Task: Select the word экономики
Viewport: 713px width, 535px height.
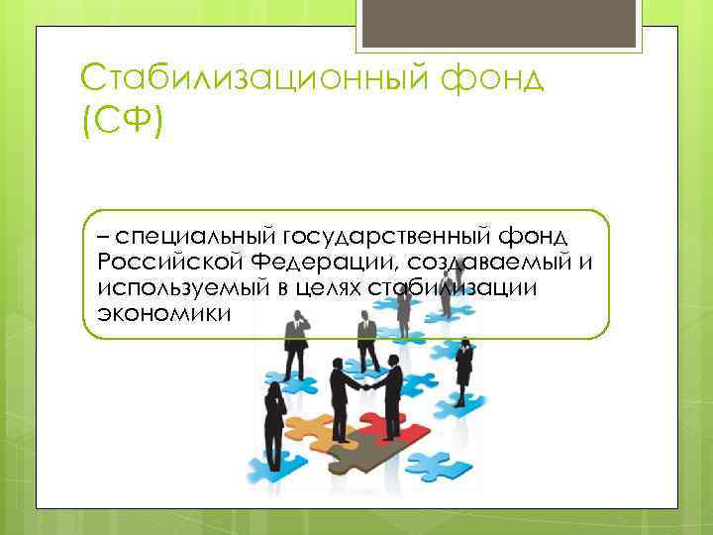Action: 163,313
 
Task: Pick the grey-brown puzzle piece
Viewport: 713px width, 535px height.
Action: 343,454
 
